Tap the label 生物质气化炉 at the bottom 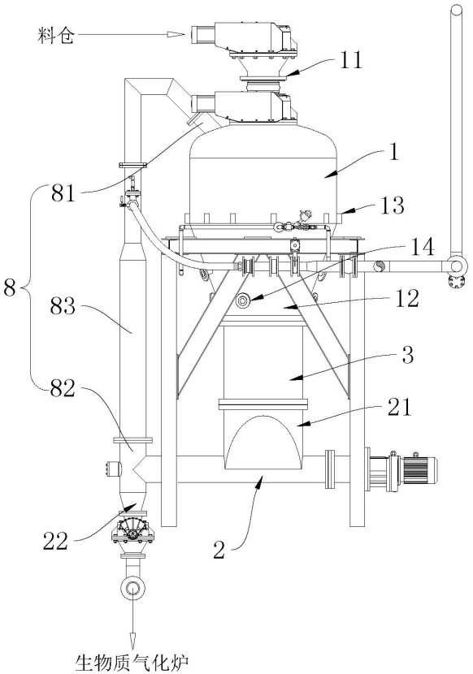pyautogui.click(x=132, y=663)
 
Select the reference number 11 pyautogui.click(x=350, y=60)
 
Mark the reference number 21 pyautogui.click(x=398, y=406)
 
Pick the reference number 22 pyautogui.click(x=56, y=540)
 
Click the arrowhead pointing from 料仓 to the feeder pyautogui.click(x=176, y=35)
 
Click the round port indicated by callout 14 pyautogui.click(x=242, y=300)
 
